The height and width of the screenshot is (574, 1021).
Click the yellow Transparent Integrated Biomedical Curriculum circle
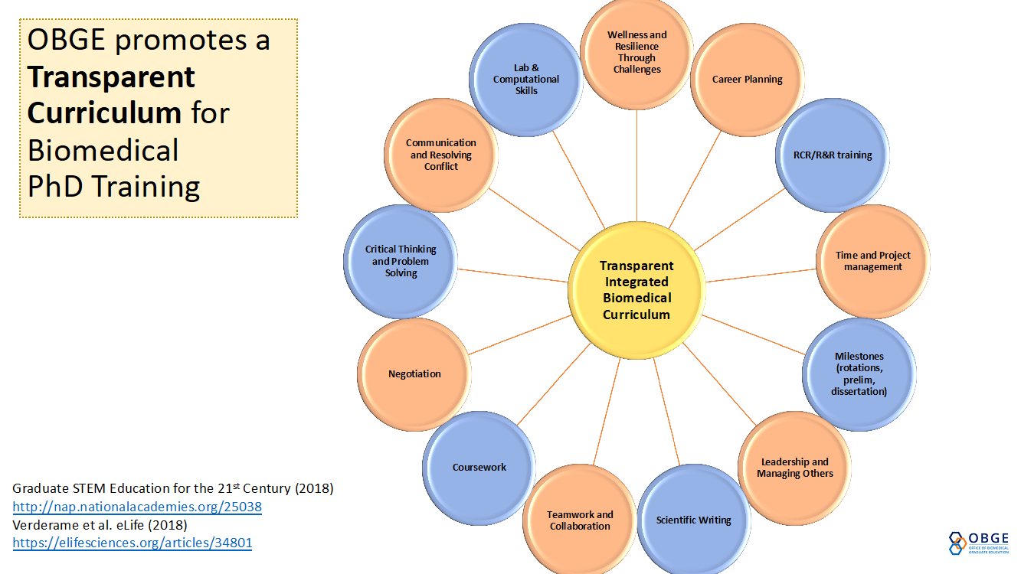636,290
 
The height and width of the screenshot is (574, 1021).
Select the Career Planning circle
748,80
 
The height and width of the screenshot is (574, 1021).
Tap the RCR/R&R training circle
833,155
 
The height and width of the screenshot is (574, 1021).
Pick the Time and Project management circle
873,262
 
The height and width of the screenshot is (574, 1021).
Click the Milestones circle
859,374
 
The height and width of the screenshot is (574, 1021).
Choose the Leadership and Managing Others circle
795,468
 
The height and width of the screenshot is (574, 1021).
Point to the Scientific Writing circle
694,520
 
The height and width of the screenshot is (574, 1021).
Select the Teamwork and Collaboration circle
580,520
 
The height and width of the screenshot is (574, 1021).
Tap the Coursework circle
479,468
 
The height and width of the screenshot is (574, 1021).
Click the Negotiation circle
414,374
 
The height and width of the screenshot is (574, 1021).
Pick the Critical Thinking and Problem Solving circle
401,262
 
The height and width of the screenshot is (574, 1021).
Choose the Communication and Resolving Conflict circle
440,155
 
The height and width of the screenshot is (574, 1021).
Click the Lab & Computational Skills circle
526,80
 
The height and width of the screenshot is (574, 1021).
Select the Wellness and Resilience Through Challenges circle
636,52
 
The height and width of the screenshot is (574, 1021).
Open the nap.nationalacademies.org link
137,507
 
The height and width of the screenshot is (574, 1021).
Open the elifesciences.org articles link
133,543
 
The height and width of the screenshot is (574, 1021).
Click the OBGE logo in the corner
979,543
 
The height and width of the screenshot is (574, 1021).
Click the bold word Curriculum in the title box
104,113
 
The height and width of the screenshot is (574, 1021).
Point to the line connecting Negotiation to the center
520,335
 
